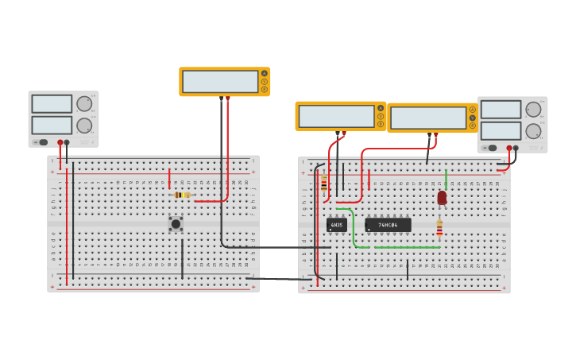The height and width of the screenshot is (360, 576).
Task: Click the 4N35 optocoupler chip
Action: click(336, 225)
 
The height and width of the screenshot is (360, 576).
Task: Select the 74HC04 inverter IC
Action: click(388, 225)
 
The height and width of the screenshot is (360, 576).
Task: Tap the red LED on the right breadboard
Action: click(442, 197)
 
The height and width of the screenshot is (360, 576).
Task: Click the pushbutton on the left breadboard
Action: click(176, 224)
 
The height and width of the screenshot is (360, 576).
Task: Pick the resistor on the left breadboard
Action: click(182, 195)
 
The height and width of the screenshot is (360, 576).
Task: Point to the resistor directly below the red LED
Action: click(439, 228)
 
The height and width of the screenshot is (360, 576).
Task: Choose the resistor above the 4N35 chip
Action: click(323, 184)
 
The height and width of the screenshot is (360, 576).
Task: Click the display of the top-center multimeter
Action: click(220, 82)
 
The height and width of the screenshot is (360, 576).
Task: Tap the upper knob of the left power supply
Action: click(84, 104)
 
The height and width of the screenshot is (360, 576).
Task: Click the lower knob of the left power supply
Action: click(84, 126)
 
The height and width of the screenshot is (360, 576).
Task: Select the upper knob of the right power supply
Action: click(533, 110)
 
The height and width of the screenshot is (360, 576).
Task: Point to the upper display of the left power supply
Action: click(52, 103)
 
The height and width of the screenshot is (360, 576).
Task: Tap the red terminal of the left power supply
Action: click(60, 143)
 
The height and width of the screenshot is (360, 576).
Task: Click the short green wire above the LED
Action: click(446, 179)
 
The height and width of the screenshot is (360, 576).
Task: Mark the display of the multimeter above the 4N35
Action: click(336, 116)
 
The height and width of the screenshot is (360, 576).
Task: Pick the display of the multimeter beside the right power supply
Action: click(428, 118)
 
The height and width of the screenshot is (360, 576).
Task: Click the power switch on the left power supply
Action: click(43, 142)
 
